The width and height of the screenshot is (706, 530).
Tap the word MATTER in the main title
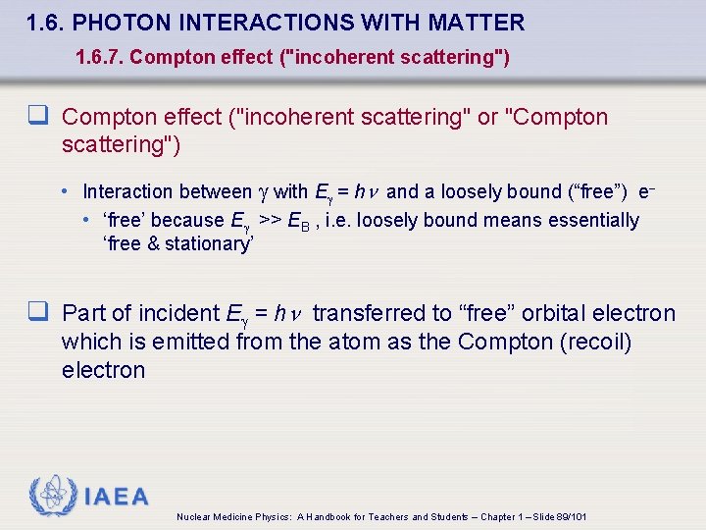[479, 23]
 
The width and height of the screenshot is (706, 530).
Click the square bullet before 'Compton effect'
[40, 117]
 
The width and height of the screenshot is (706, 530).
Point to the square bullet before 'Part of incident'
[40, 313]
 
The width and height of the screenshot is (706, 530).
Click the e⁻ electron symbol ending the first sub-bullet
[645, 191]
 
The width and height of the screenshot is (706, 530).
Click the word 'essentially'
[588, 220]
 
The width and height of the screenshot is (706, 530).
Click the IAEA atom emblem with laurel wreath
[51, 496]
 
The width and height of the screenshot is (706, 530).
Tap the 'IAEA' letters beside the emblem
[116, 497]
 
